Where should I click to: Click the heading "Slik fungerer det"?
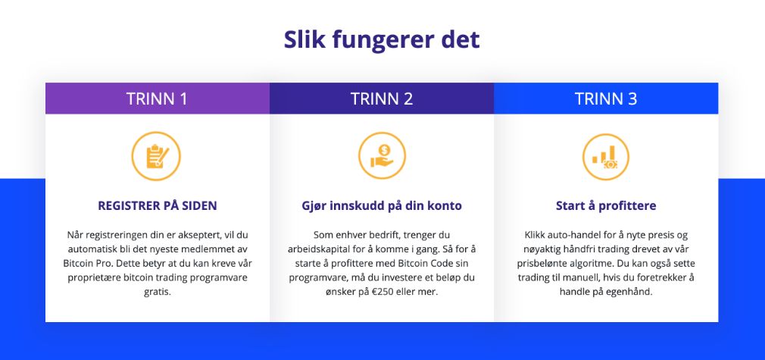(x=382, y=39)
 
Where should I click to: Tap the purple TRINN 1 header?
(x=157, y=99)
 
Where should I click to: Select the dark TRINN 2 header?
(x=382, y=99)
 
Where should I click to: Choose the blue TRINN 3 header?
(x=606, y=99)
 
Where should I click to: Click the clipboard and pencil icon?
(x=156, y=156)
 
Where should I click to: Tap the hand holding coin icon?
(x=382, y=156)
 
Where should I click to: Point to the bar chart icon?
(x=606, y=157)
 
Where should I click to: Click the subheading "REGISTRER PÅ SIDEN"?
(x=157, y=205)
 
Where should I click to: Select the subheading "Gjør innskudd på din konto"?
(x=382, y=205)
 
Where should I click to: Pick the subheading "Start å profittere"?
(x=606, y=205)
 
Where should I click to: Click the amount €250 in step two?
(x=374, y=292)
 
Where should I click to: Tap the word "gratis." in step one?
(x=157, y=292)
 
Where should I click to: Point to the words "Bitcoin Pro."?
(x=80, y=263)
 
